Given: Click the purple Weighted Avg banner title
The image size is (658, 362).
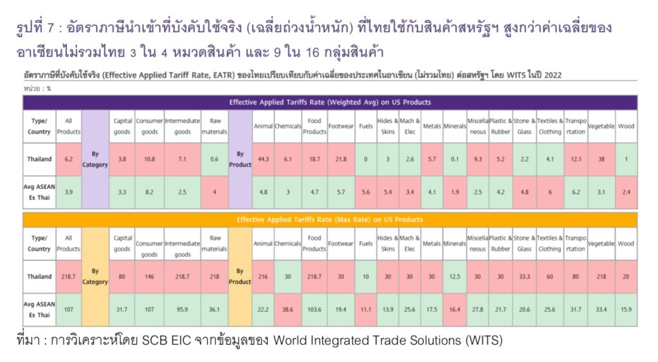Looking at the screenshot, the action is point(330,102).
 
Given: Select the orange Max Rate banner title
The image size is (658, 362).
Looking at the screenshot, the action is point(330,219).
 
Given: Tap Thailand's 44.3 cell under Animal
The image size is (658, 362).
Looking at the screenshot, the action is point(263,159).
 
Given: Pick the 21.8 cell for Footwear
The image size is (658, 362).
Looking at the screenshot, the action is point(341,159).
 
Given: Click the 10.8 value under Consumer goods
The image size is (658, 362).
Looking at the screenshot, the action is point(149,159).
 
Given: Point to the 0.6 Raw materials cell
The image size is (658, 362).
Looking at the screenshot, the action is point(215,159).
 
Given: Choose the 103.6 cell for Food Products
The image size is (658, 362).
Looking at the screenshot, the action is point(314,309).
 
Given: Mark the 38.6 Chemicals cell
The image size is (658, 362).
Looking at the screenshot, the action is point(287,309).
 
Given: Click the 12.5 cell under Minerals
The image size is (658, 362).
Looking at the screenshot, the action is point(455,276).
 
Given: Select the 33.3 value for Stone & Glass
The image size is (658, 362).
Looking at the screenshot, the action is point(524,276).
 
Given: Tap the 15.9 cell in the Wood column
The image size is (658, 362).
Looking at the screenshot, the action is point(626,309).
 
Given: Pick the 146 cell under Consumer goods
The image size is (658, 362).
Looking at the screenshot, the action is point(149,276).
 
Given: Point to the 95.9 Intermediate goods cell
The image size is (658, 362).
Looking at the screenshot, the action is point(182,309).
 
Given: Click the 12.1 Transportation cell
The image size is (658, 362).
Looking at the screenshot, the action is point(576,159).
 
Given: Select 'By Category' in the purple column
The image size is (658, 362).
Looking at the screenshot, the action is point(95,159).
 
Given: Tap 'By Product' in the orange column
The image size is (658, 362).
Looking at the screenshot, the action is point(240,276).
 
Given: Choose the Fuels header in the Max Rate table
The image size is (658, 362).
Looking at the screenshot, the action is point(366,244).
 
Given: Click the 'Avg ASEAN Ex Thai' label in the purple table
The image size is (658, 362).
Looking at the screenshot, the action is point(39,192).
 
